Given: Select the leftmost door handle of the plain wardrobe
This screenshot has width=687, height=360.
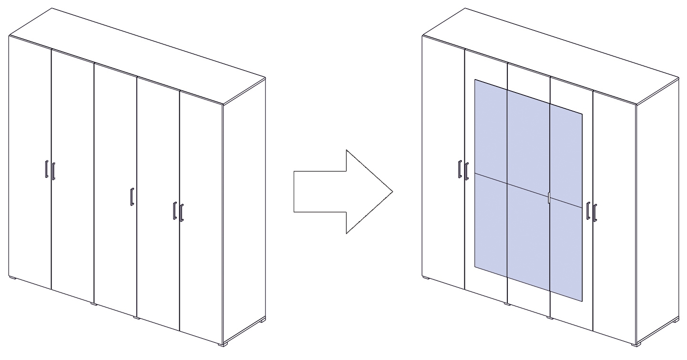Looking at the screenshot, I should [x=45, y=169].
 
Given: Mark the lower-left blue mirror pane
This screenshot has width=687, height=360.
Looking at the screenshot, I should [x=491, y=224].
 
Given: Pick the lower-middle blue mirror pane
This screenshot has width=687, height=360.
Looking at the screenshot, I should [x=529, y=234].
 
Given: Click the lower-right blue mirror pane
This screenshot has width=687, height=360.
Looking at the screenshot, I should [x=566, y=248].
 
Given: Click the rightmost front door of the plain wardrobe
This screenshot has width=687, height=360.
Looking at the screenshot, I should [x=201, y=215].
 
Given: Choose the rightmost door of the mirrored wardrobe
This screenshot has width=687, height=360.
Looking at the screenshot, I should [x=615, y=215].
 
